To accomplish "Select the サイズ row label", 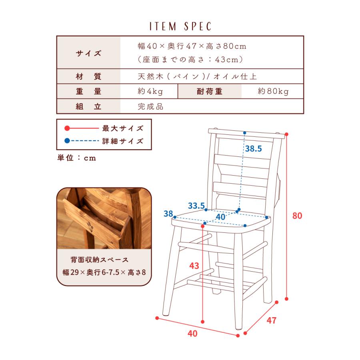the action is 88,53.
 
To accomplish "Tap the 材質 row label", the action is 88,76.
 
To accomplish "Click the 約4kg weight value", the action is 150,91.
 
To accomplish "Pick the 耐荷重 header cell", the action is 209,91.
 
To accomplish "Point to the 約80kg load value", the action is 273,91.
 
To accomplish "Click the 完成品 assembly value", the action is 150,106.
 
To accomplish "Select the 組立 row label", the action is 88,106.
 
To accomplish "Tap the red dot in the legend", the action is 67,128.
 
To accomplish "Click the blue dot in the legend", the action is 67,141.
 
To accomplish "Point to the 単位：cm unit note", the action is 76,158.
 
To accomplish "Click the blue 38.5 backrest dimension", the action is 254,149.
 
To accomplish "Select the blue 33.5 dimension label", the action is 196,206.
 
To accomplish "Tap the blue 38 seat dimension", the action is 168,214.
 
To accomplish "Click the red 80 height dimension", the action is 297,216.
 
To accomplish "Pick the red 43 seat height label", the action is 194,266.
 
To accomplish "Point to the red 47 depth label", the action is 271,320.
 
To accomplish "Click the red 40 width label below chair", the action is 192,333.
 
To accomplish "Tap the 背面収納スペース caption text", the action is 100,260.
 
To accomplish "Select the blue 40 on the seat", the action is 220,217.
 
